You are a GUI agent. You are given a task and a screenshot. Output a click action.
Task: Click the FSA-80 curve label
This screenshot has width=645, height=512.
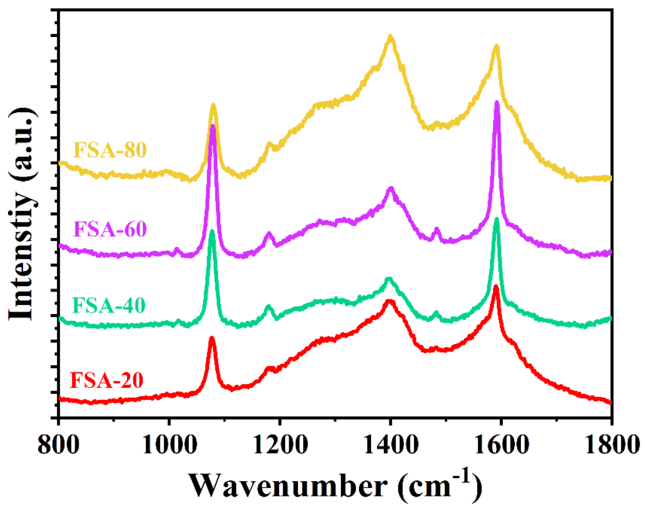110,150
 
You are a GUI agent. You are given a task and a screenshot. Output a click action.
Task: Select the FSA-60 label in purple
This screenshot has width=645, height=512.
110,229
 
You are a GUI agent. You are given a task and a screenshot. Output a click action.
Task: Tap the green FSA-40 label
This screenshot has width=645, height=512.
109,305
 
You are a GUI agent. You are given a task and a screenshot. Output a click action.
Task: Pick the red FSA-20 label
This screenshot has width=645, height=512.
106,380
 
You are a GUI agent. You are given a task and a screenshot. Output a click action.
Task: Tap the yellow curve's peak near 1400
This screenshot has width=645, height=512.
390,37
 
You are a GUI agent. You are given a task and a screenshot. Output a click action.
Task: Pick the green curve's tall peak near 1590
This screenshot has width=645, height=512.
496,220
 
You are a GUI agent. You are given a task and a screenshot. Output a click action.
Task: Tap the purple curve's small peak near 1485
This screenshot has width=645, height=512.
437,230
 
